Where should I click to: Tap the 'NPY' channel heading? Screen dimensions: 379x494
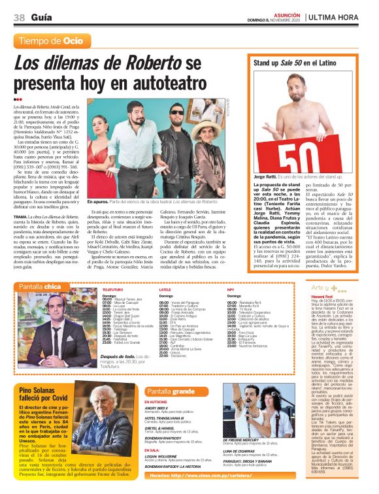[x=231, y=288]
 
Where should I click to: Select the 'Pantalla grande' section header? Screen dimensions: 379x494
[x=171, y=391]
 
